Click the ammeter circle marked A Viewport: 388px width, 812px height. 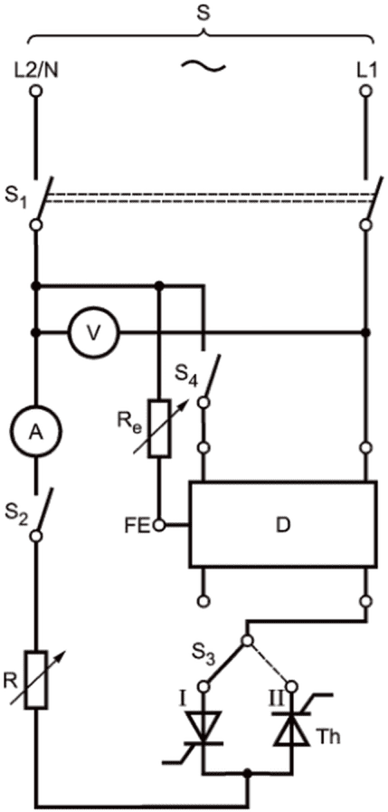[35, 434]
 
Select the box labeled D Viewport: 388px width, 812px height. [283, 525]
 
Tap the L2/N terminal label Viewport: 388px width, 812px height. [35, 70]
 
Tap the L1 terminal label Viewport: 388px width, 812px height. [366, 70]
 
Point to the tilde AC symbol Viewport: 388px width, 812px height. [203, 66]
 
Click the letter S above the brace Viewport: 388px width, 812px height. [204, 14]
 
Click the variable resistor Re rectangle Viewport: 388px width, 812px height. [159, 429]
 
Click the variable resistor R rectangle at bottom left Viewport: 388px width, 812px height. [38, 680]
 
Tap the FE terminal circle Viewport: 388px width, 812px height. [160, 526]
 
